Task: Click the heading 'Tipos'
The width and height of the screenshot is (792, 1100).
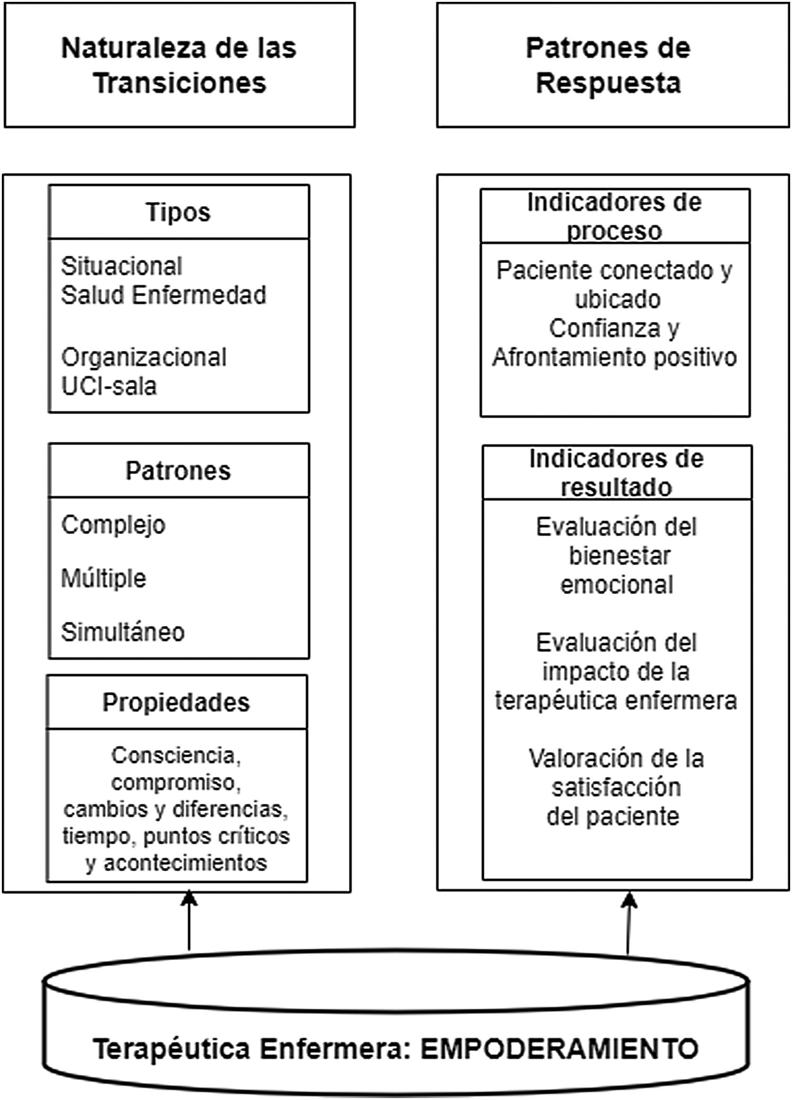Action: [178, 212]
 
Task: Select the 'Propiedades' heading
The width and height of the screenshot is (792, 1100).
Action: [176, 702]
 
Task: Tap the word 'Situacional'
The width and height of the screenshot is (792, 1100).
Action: [121, 266]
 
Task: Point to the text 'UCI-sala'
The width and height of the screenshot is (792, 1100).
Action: [109, 386]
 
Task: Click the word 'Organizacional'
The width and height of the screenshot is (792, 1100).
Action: [144, 358]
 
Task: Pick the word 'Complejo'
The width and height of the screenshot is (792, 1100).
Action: [113, 525]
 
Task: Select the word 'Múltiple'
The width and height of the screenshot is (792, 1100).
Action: [103, 578]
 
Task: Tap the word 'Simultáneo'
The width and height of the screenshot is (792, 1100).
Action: [123, 632]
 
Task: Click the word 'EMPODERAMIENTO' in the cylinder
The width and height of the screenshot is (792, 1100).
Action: [559, 1049]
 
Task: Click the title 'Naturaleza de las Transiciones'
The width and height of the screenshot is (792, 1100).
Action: [179, 65]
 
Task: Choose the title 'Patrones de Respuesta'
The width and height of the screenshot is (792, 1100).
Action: [608, 65]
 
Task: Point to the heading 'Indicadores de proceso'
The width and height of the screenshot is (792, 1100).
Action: [615, 216]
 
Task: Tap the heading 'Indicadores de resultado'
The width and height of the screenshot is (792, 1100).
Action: [617, 472]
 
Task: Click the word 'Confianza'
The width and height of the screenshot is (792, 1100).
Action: [604, 328]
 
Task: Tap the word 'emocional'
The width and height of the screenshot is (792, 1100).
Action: [617, 585]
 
